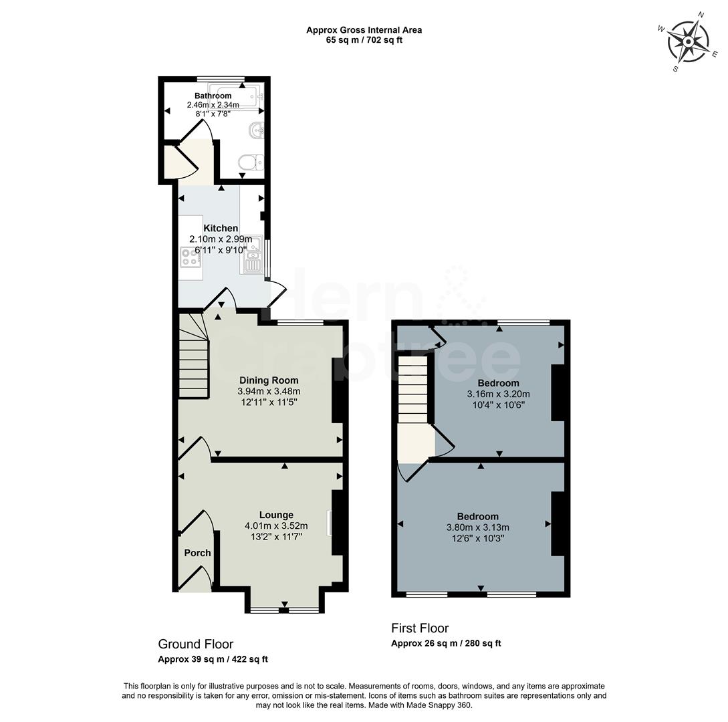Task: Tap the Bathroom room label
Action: [213, 96]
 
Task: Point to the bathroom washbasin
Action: [256, 130]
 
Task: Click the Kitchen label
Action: [221, 229]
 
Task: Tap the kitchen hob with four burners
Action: [190, 257]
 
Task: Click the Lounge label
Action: [276, 515]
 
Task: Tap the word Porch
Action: [197, 553]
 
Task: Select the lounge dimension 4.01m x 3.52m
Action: [276, 526]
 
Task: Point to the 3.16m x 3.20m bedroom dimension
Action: [498, 394]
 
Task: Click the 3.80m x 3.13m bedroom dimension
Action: [478, 527]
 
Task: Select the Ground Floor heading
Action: [195, 644]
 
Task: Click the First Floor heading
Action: [420, 628]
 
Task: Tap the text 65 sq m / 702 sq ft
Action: [364, 40]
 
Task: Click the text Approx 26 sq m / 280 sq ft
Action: [446, 644]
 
